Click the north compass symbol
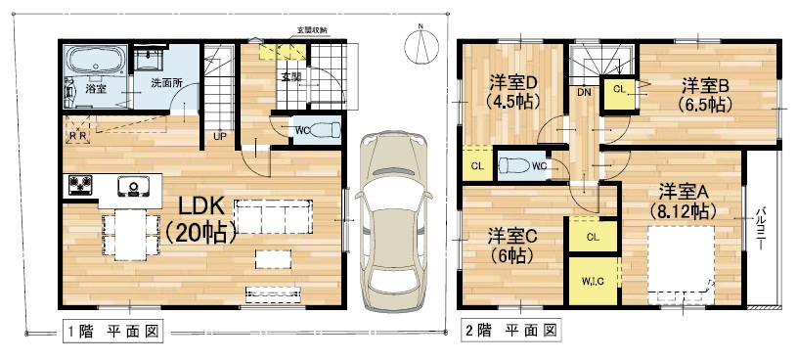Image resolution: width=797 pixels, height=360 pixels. (x=421, y=45)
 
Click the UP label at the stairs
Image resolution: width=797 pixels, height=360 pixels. (x=220, y=136)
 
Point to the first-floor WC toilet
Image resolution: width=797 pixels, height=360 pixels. (x=324, y=130)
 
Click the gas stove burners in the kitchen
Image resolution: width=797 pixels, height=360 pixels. (x=80, y=186)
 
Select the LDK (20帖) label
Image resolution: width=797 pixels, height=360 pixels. (x=200, y=220)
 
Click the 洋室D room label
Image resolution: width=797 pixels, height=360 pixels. (x=512, y=92)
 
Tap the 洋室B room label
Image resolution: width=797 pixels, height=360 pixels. (x=704, y=94)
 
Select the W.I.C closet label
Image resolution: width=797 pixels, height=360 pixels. (x=593, y=282)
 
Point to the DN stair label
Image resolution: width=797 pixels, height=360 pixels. (x=584, y=93)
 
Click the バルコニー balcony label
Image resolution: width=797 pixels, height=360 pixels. (x=761, y=228)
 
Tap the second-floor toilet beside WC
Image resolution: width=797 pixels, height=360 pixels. (x=514, y=165)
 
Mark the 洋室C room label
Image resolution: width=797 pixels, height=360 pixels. (x=512, y=246)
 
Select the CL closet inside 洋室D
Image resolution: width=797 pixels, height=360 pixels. (x=477, y=165)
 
